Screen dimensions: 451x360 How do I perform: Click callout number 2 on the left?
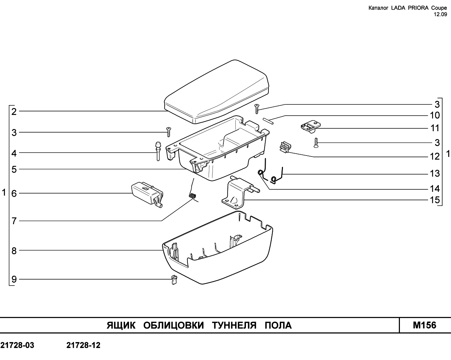point(14,112)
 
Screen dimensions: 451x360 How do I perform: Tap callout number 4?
point(14,153)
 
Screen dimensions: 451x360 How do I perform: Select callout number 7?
point(14,221)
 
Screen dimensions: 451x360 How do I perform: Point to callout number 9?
point(14,279)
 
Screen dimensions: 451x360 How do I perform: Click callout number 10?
point(435,115)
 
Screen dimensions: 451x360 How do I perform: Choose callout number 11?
point(435,128)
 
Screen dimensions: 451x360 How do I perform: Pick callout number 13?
point(435,173)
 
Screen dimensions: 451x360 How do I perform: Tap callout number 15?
point(435,200)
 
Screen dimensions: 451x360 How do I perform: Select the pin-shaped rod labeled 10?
point(268,121)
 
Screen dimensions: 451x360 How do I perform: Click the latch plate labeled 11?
point(310,127)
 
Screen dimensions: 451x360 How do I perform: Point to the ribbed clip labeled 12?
point(285,147)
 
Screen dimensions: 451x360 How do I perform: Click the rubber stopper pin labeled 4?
point(158,151)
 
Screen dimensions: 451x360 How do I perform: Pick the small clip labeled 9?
point(174,280)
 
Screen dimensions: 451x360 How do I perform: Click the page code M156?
point(425,325)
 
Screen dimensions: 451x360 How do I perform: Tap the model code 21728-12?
point(84,345)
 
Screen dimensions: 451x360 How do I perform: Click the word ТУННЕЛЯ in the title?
point(234,325)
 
